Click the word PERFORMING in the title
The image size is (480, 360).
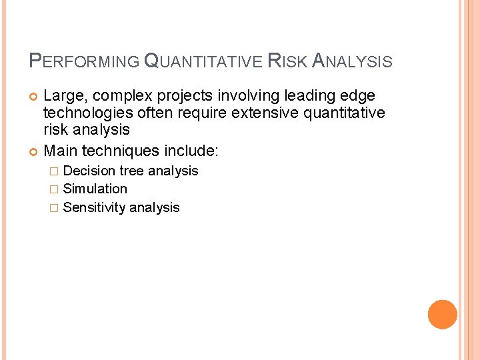pos(84,62)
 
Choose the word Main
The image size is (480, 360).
pos(59,150)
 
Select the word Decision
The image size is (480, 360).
pos(89,171)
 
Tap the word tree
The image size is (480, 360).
pos(131,171)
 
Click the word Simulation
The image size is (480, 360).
pos(95,189)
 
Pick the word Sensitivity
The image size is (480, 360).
pos(94,207)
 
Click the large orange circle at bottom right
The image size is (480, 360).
pos(443,315)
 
